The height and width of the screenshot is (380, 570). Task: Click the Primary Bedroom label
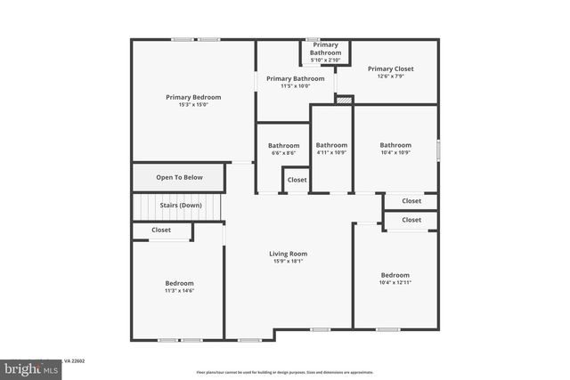(193, 97)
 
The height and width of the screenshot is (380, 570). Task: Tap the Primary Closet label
(390, 69)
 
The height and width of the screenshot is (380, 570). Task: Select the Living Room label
(288, 254)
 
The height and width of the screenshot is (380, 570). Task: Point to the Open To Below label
(179, 177)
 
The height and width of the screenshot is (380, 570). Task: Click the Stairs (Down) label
(180, 206)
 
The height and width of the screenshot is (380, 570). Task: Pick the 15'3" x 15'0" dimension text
(193, 105)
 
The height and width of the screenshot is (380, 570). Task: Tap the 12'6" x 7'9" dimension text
(390, 77)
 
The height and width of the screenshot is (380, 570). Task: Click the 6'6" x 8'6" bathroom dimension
(284, 153)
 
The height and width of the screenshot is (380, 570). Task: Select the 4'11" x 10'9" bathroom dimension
(331, 153)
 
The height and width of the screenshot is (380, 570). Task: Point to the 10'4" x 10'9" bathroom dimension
(395, 153)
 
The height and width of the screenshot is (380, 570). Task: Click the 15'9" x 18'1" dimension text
(288, 262)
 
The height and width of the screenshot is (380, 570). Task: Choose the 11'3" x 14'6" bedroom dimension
(179, 291)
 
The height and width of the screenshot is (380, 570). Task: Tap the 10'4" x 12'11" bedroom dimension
(395, 283)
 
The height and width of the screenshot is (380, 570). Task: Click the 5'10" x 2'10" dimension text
(325, 61)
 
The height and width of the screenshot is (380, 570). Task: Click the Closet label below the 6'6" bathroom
(297, 180)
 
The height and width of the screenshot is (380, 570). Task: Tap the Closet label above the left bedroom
(161, 230)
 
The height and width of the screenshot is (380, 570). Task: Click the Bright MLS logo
(28, 368)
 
